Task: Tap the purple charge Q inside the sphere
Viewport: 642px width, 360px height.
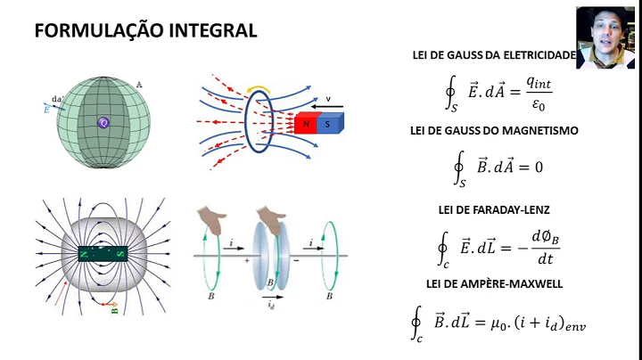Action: point(103,123)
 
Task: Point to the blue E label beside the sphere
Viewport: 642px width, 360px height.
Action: point(47,110)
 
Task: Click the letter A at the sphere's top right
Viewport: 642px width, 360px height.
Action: point(139,86)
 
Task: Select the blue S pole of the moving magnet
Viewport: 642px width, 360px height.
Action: point(327,125)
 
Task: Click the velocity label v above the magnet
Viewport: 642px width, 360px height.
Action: point(328,99)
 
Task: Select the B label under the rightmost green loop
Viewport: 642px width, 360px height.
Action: point(330,294)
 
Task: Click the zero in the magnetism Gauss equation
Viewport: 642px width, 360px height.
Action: point(538,167)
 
